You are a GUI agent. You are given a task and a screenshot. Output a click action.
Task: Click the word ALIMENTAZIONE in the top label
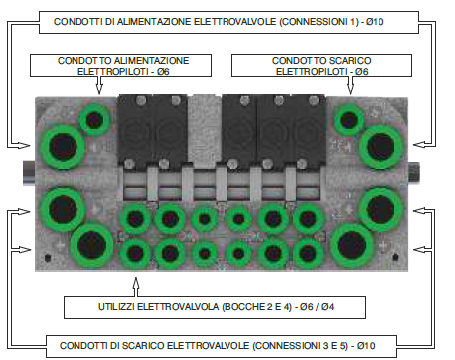click(154, 22)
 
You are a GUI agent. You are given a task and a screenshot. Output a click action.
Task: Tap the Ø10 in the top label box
click(375, 22)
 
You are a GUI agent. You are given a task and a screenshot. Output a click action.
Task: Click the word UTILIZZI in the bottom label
click(116, 307)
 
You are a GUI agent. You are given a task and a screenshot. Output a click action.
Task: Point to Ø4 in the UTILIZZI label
click(327, 307)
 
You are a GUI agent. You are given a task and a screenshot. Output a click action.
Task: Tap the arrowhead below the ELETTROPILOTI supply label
click(99, 89)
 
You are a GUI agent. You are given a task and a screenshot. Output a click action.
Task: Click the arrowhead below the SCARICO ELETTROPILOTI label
click(351, 89)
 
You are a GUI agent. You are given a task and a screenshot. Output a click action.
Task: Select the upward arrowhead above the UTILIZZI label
click(136, 283)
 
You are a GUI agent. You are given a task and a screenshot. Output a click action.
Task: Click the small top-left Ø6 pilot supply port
click(95, 120)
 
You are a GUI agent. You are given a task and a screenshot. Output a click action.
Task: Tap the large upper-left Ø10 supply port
click(63, 147)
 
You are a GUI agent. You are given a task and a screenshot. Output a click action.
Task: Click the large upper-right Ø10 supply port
click(380, 147)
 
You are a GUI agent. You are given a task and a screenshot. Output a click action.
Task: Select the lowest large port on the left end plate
click(91, 245)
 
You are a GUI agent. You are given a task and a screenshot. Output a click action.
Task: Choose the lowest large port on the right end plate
click(352, 245)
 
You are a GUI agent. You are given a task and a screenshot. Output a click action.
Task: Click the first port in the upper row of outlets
click(135, 219)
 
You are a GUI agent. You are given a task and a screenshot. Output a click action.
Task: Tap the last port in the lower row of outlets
click(308, 253)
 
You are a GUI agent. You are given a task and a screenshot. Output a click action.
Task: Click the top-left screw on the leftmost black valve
click(141, 100)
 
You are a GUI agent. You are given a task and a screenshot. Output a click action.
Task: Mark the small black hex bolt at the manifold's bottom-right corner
click(395, 257)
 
